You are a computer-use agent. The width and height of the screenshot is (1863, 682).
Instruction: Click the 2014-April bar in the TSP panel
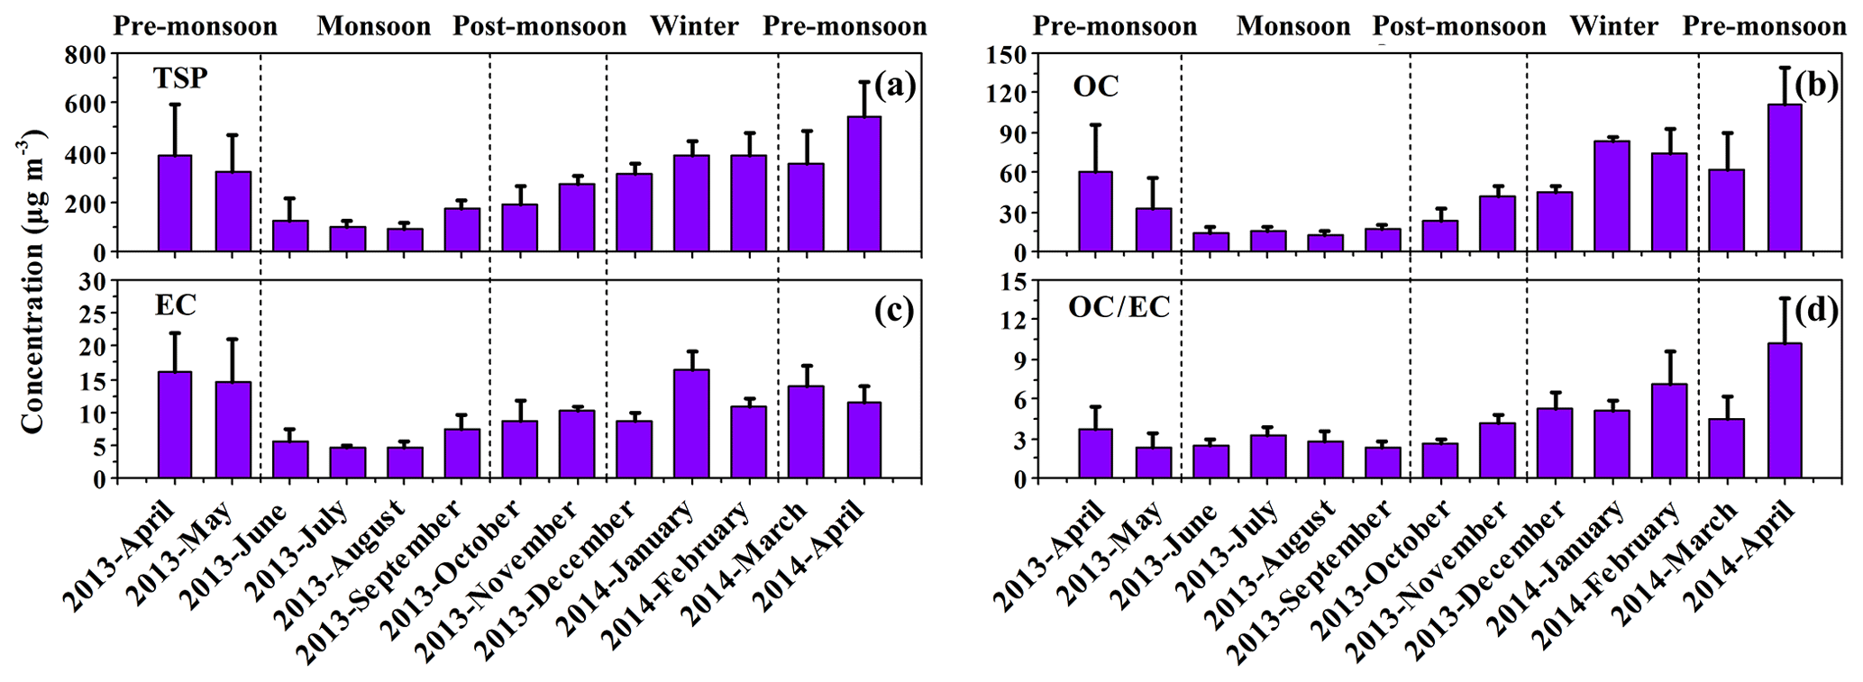point(864,184)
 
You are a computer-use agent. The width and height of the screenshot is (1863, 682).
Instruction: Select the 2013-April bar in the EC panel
point(175,424)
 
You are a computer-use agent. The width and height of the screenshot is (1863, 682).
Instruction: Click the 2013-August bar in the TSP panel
point(405,241)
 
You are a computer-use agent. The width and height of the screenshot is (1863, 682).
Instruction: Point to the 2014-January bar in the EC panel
point(692,423)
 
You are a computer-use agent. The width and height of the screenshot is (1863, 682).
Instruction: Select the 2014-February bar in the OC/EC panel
point(1669,432)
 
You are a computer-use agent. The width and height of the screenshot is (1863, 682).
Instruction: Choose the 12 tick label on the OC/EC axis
point(1015,320)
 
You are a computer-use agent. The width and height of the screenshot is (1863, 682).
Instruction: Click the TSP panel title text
point(180,79)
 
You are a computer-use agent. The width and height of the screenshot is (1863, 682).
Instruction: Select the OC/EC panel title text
point(1119,308)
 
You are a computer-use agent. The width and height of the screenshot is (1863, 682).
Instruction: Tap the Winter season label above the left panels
point(694,26)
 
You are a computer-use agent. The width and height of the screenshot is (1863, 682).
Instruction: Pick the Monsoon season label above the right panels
point(1293,26)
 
